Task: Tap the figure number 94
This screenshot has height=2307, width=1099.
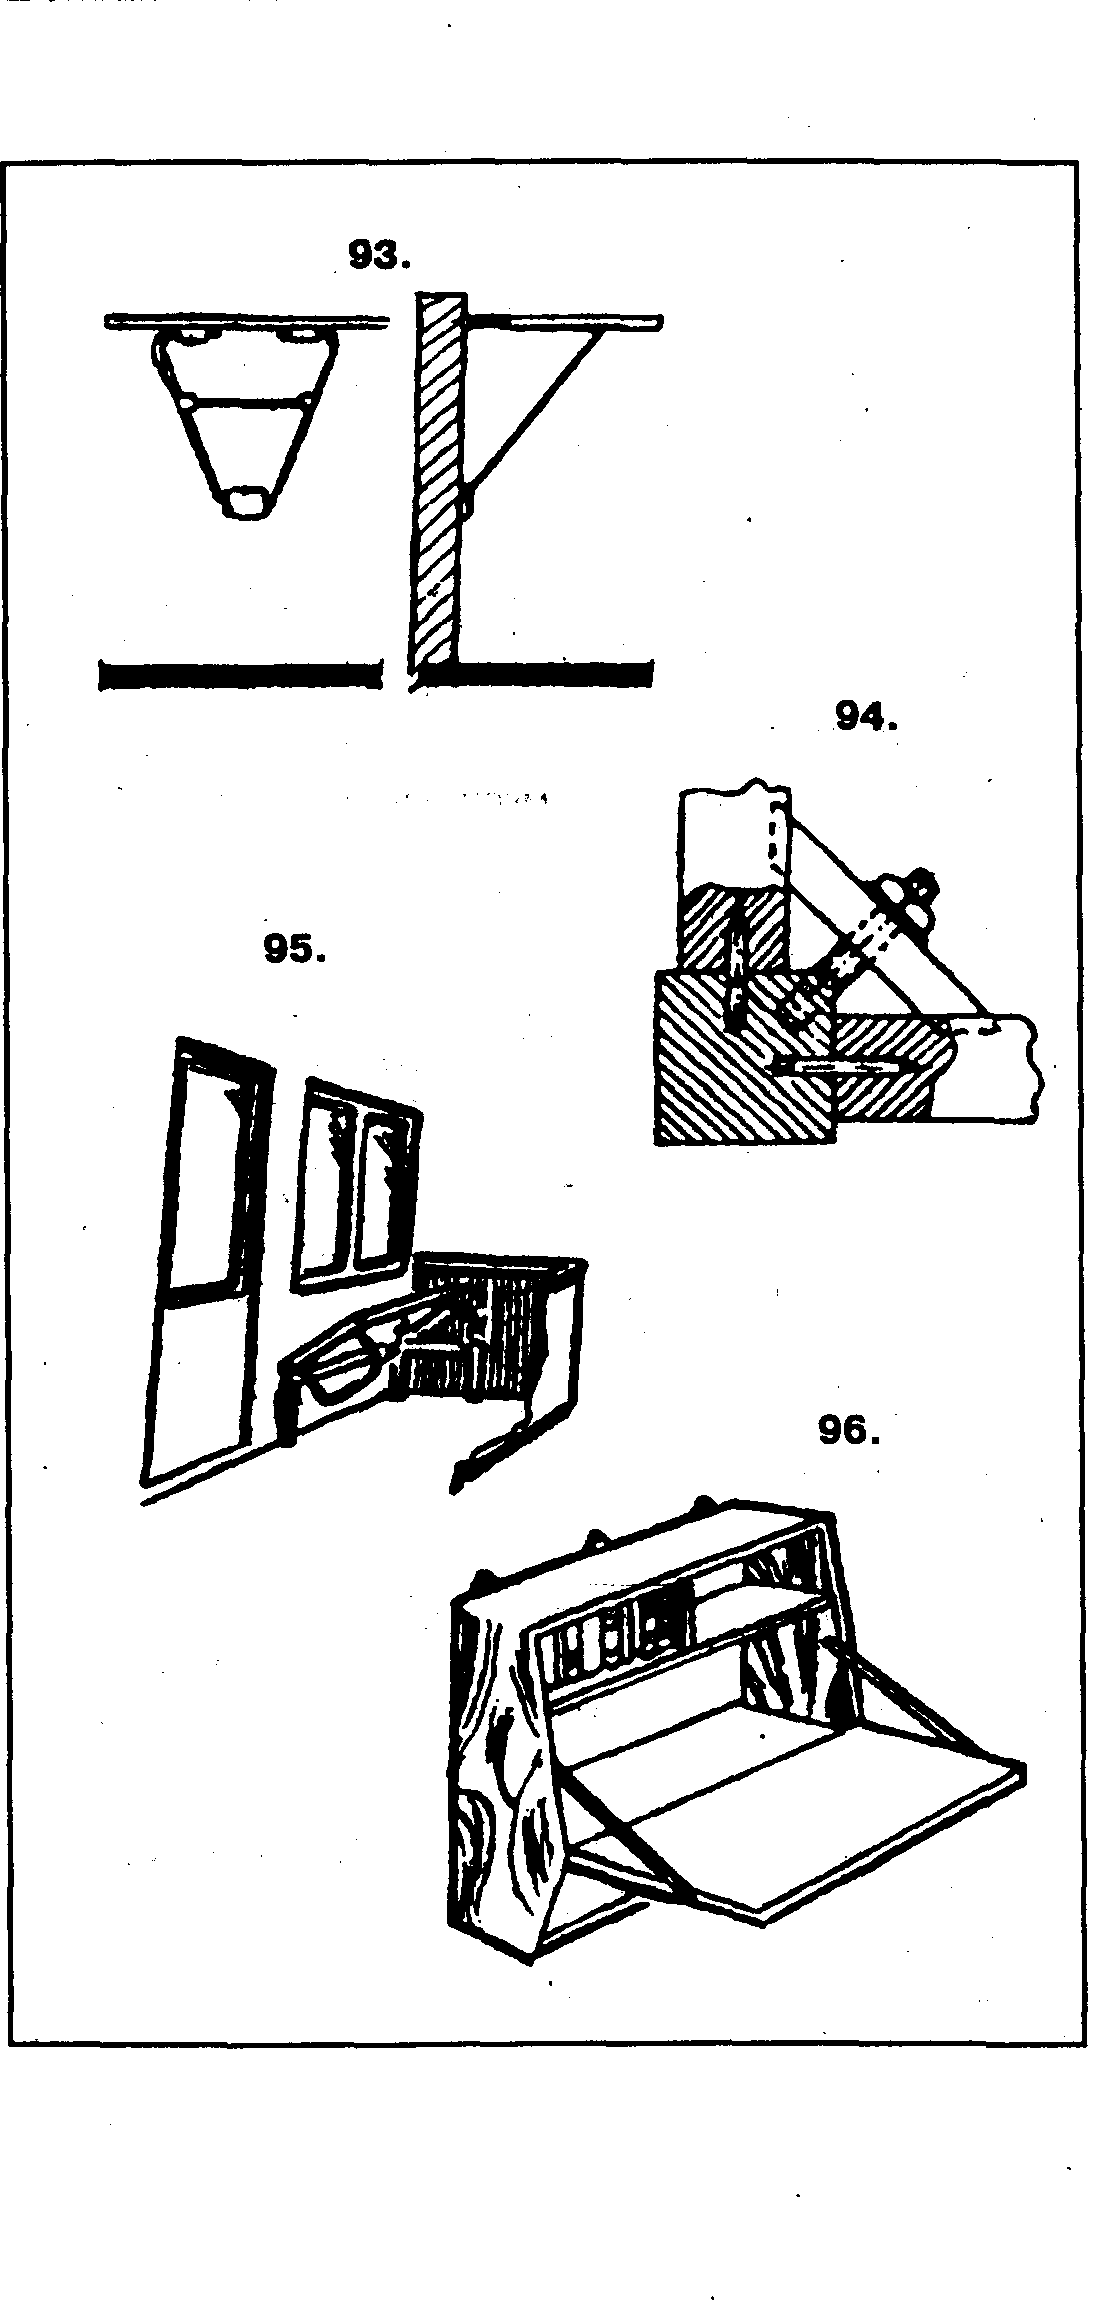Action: tap(864, 717)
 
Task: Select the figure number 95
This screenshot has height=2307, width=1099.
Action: tap(294, 949)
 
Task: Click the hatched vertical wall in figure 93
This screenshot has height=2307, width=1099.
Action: tap(439, 479)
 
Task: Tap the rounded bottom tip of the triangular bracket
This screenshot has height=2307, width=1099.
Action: tap(247, 502)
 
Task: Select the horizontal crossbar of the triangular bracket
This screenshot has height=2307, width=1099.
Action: tap(246, 401)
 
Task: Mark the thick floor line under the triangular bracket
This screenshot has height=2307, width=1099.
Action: tap(240, 675)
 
